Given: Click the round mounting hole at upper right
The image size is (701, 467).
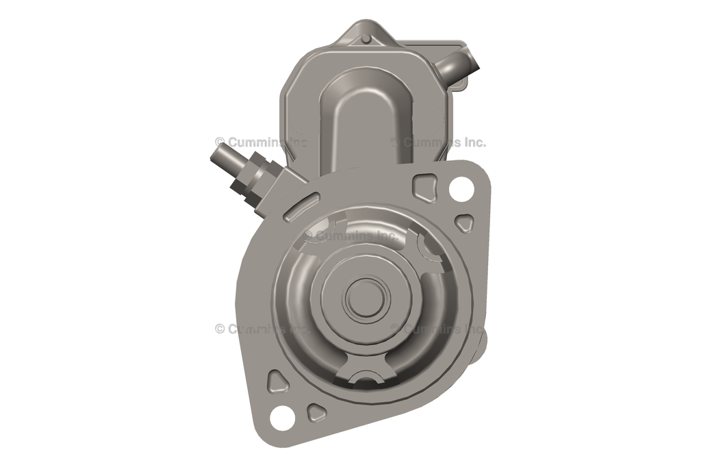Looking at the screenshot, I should tap(461, 188).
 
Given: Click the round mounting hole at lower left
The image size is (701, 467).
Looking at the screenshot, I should tap(281, 416).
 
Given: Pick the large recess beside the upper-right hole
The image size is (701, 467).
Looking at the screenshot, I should tap(425, 186).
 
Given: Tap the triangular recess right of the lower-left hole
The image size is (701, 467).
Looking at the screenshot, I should tap(316, 412).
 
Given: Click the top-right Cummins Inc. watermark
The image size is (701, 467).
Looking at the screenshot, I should tap(438, 142).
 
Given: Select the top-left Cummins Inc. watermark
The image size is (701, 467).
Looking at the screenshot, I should tap(262, 142).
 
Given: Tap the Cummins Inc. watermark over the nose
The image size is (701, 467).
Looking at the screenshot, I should tap(350, 236).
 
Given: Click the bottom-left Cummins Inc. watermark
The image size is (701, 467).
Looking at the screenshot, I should tap(262, 329).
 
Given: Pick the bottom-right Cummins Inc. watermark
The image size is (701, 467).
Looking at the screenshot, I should tap(438, 329).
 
